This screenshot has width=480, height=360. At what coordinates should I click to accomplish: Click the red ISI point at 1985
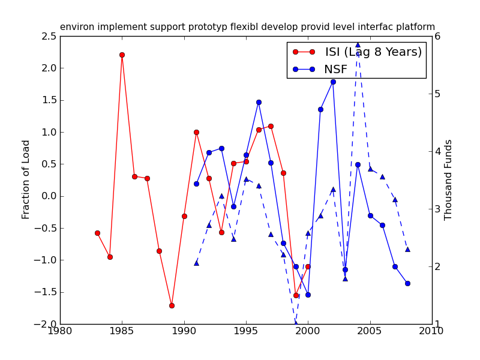[122, 55]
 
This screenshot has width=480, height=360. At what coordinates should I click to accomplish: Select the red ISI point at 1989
[172, 305]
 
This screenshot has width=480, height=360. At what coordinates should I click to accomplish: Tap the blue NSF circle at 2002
[333, 82]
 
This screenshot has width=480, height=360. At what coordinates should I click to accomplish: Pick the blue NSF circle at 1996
[259, 102]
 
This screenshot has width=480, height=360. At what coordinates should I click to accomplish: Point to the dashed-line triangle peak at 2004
[358, 44]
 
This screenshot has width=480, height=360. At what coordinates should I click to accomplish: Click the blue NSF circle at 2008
[407, 283]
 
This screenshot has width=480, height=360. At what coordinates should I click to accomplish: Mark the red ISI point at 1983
[97, 233]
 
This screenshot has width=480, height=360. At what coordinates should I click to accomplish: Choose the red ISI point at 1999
[296, 295]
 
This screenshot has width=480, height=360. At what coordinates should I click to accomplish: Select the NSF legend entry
[335, 70]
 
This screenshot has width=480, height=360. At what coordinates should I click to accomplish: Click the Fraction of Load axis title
[26, 179]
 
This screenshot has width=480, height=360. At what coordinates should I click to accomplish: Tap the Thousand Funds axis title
[448, 180]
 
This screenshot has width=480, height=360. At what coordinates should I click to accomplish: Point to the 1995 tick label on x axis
[246, 331]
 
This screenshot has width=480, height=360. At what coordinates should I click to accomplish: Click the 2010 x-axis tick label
[432, 331]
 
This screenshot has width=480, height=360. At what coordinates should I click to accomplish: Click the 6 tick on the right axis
[438, 36]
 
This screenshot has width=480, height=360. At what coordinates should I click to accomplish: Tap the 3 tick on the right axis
[438, 209]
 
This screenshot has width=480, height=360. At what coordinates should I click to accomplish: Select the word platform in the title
[414, 27]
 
